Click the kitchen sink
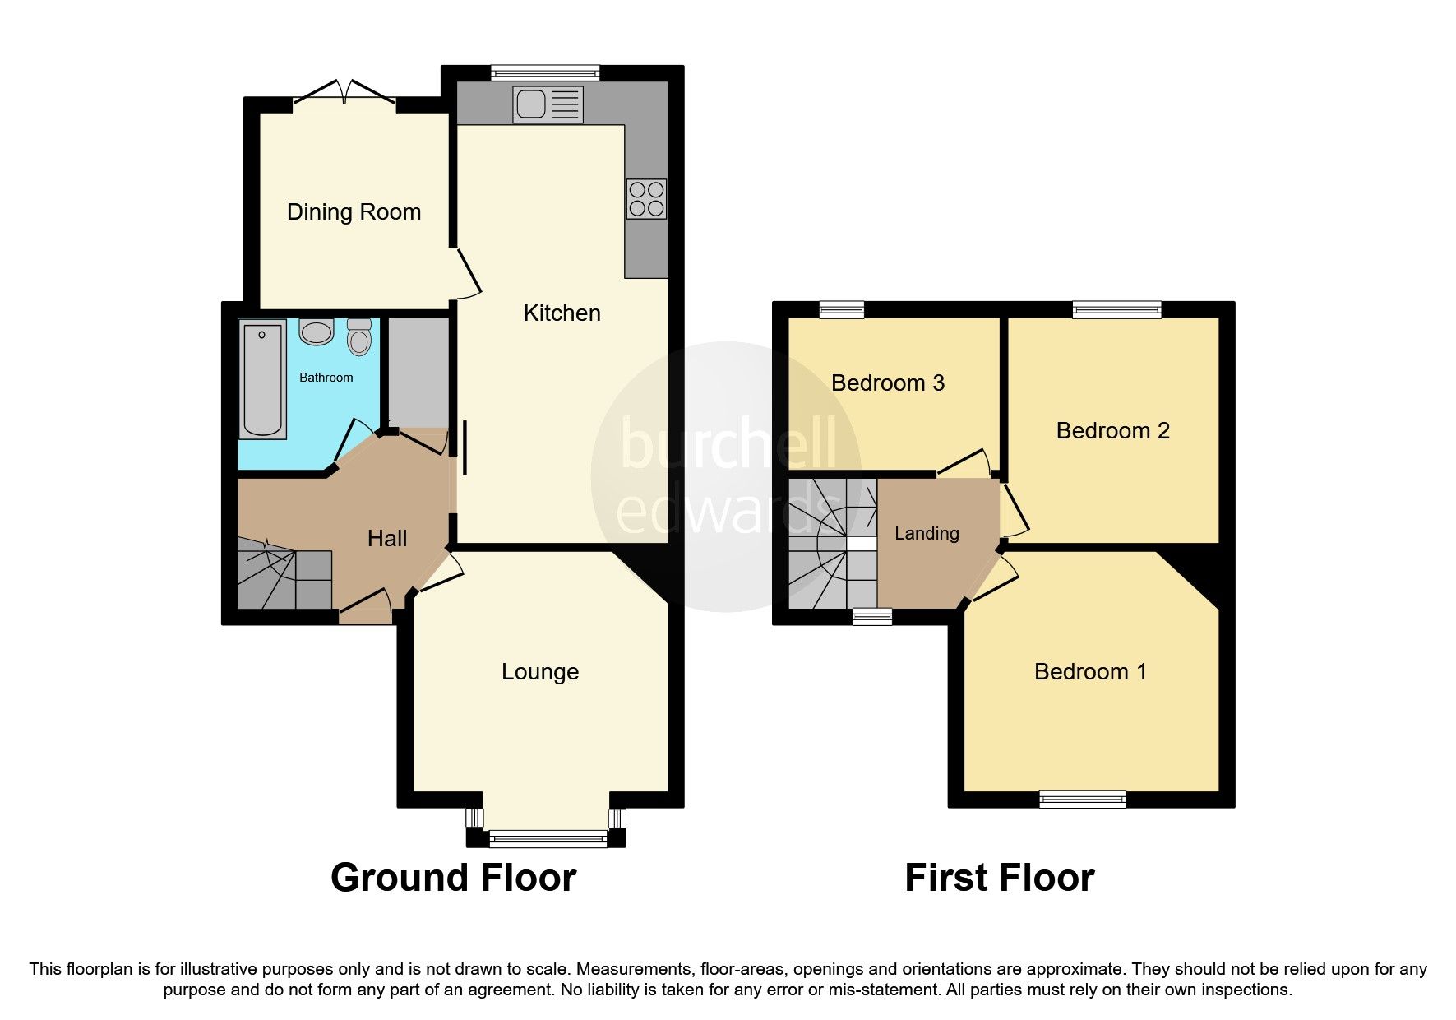pyautogui.click(x=548, y=104)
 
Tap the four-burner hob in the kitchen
pyautogui.click(x=646, y=199)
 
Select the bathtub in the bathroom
pyautogui.click(x=262, y=379)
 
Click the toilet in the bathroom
pyautogui.click(x=359, y=336)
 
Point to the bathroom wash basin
pyautogui.click(x=316, y=332)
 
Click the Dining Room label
pyautogui.click(x=354, y=212)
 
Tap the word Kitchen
pyautogui.click(x=562, y=313)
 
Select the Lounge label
pyautogui.click(x=540, y=672)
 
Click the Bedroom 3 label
pyautogui.click(x=887, y=383)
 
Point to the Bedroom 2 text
pyautogui.click(x=1112, y=431)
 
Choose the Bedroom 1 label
pyautogui.click(x=1090, y=672)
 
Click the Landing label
pyautogui.click(x=927, y=534)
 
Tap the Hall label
pyautogui.click(x=387, y=539)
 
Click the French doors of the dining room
pyautogui.click(x=344, y=92)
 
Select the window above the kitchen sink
pyautogui.click(x=545, y=72)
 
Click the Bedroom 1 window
pyautogui.click(x=1081, y=799)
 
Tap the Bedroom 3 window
pyautogui.click(x=842, y=310)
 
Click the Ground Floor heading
pyautogui.click(x=453, y=878)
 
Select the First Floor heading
pyautogui.click(x=999, y=878)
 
